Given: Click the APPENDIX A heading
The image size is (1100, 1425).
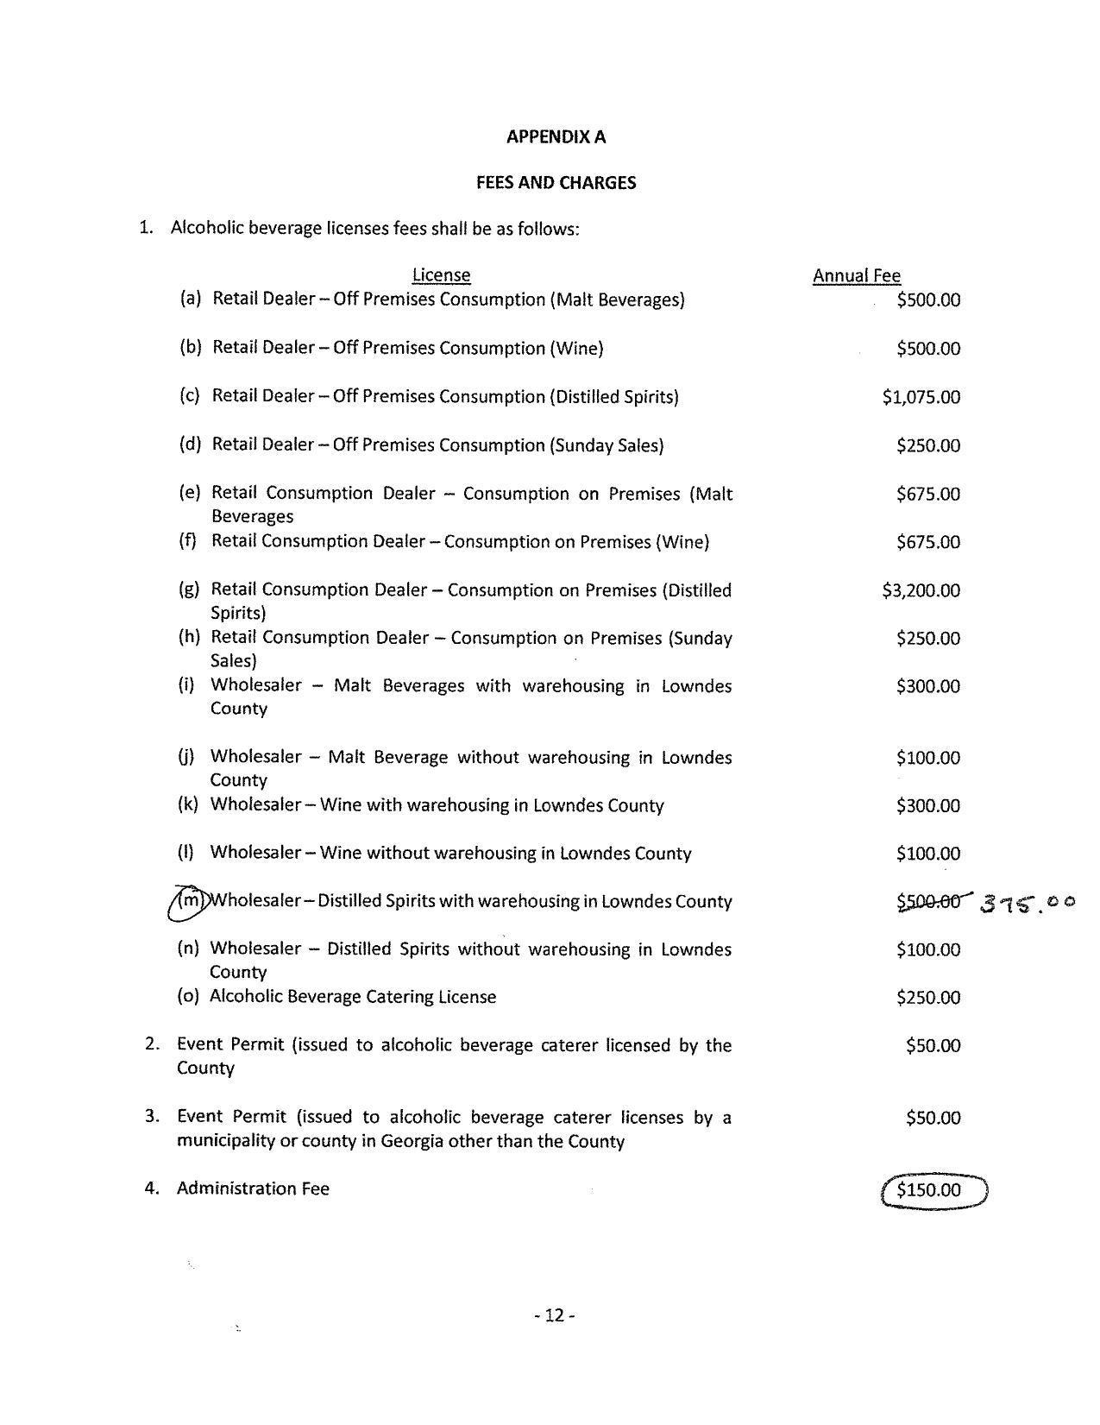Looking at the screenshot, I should pos(556,136).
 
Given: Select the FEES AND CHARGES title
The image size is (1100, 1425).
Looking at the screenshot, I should pos(556,182).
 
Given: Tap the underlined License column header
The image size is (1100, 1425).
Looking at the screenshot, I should pos(441,275).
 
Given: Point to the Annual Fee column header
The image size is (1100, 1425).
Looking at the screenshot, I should pos(856,275).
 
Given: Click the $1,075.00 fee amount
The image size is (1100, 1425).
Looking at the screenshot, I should pos(921,397).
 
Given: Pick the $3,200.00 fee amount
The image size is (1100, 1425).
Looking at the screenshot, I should pos(921,590).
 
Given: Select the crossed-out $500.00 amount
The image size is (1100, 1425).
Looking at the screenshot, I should pos(928,901).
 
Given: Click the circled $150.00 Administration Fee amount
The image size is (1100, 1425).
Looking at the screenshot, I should pos(930,1190).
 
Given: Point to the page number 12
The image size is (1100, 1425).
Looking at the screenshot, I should pos(554,1315).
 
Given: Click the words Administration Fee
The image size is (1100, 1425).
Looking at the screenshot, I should pos(253,1189).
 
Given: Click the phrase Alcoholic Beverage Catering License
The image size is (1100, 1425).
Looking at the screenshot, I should pos(353,997).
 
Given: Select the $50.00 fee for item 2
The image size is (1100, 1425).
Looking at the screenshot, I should pos(933,1045).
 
